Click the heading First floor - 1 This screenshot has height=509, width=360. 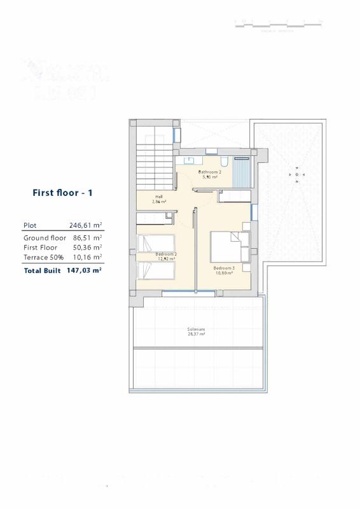pyautogui.click(x=62, y=192)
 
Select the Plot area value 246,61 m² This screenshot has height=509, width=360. pyautogui.click(x=86, y=225)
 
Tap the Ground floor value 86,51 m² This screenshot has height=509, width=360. pyautogui.click(x=86, y=237)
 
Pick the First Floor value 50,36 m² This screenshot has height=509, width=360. pyautogui.click(x=86, y=247)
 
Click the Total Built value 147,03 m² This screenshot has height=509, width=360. pyautogui.click(x=85, y=270)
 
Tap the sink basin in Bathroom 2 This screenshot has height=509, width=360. pyautogui.click(x=191, y=160)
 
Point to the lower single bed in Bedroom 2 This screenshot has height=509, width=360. pyautogui.click(x=155, y=272)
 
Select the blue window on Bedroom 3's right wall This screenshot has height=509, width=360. pyautogui.click(x=254, y=211)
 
